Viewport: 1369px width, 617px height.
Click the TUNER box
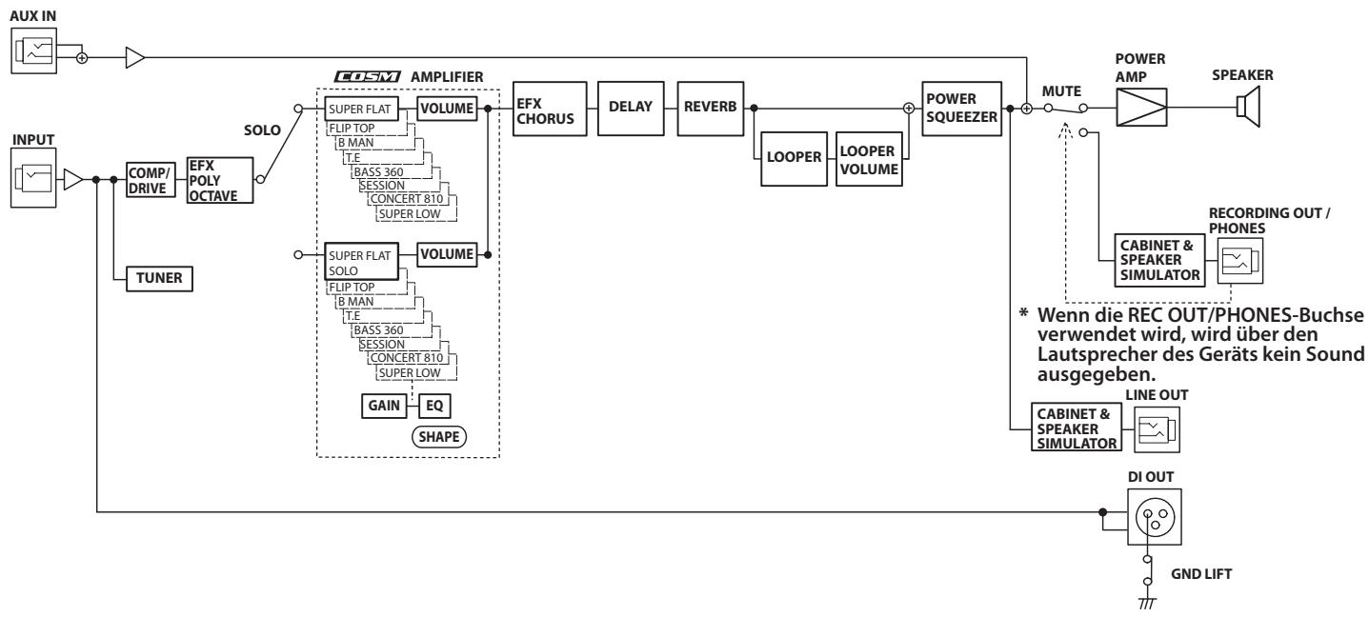click(x=159, y=279)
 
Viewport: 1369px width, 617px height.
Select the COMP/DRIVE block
click(x=151, y=180)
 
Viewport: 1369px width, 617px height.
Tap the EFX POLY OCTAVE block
click(x=219, y=180)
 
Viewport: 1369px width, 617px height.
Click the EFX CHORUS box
click(x=550, y=109)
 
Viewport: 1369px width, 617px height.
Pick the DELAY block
click(x=631, y=109)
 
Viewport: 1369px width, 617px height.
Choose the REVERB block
click(x=710, y=109)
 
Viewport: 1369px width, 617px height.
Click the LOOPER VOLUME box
click(x=869, y=159)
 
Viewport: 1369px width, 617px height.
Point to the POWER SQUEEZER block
click(x=961, y=109)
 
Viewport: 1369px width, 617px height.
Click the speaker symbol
click(x=1249, y=107)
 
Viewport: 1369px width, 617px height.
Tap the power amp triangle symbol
click(x=1141, y=108)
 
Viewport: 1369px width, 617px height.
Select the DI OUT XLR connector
click(x=1155, y=517)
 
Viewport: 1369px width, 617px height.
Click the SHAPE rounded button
click(x=439, y=437)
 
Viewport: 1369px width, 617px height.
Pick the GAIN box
click(x=384, y=406)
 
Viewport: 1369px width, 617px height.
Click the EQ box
click(x=434, y=406)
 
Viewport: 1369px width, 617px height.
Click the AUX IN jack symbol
click(x=33, y=50)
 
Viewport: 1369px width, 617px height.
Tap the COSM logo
click(x=368, y=76)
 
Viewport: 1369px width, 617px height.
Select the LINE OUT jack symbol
click(x=1157, y=429)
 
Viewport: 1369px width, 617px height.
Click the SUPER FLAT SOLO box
click(x=361, y=262)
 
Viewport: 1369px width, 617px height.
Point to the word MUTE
click(x=1061, y=91)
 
